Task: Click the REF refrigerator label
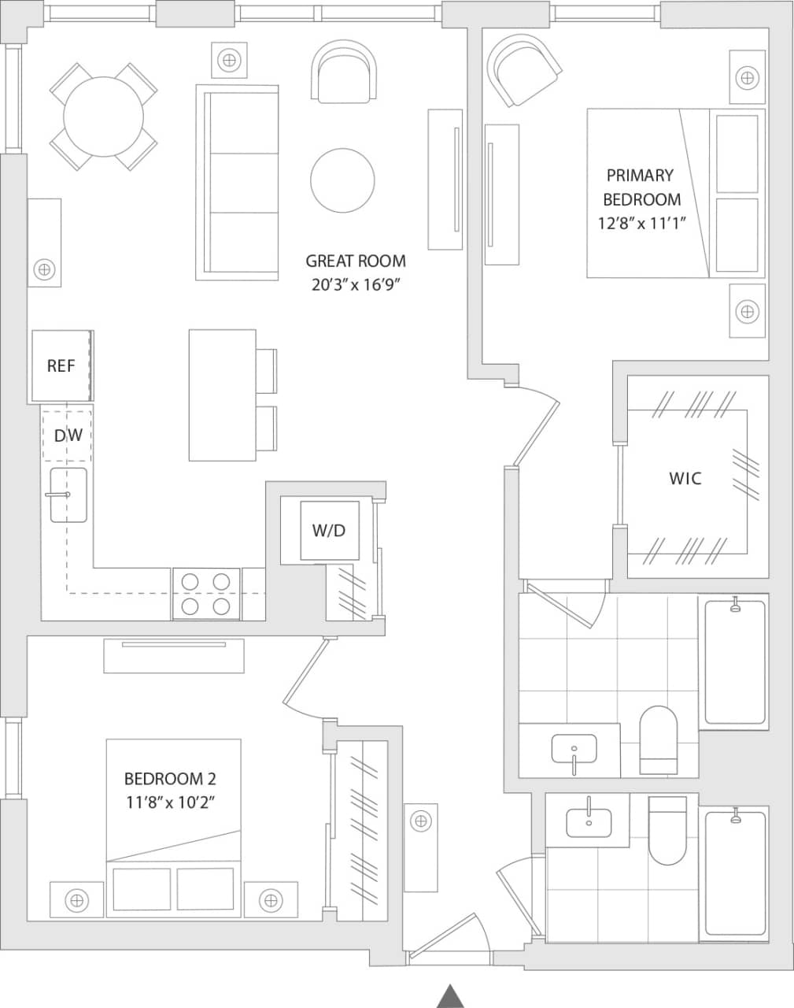[61, 365]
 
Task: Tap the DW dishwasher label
[68, 435]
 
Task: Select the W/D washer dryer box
[328, 530]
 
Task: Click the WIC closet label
[685, 478]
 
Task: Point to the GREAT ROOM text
[356, 261]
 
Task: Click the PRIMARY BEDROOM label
[641, 187]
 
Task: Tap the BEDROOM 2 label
[170, 779]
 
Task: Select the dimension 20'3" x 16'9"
[356, 285]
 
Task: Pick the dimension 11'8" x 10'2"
[170, 802]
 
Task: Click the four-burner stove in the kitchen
[206, 594]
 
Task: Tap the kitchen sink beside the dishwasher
[68, 495]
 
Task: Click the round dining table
[103, 117]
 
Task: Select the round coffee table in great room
[342, 180]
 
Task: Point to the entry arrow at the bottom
[451, 995]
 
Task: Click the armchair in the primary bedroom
[523, 72]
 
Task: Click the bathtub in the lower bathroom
[735, 873]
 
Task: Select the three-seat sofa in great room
[238, 183]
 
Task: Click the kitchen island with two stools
[223, 395]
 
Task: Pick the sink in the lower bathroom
[589, 820]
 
